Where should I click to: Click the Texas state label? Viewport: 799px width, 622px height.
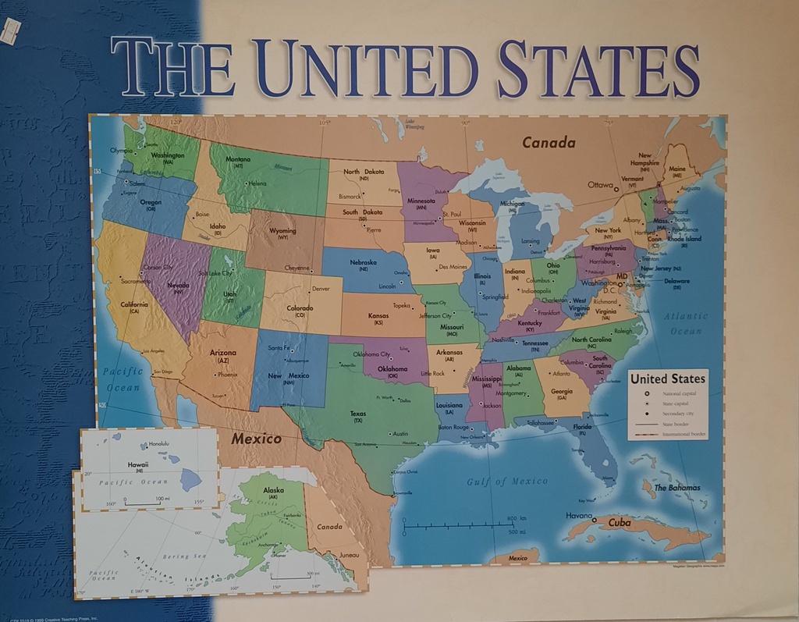click(x=358, y=414)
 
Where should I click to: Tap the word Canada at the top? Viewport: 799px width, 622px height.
click(x=549, y=143)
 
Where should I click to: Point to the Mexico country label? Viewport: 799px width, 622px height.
click(x=256, y=439)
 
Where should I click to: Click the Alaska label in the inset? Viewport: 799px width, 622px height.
click(x=274, y=490)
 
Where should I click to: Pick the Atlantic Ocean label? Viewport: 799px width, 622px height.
click(x=687, y=323)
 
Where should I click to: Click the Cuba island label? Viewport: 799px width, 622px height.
click(x=620, y=522)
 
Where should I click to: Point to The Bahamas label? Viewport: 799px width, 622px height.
click(x=676, y=488)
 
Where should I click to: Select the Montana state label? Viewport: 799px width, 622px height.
click(x=238, y=159)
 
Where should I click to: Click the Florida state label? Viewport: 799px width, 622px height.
click(x=583, y=427)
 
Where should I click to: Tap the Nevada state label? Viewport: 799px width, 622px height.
click(x=179, y=285)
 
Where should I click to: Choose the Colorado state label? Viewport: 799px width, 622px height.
click(x=300, y=308)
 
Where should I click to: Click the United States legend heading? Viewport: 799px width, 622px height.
click(x=667, y=379)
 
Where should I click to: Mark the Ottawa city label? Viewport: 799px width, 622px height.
click(x=602, y=185)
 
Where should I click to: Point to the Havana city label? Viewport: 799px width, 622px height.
click(x=579, y=516)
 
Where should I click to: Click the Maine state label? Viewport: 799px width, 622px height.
click(x=677, y=169)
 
